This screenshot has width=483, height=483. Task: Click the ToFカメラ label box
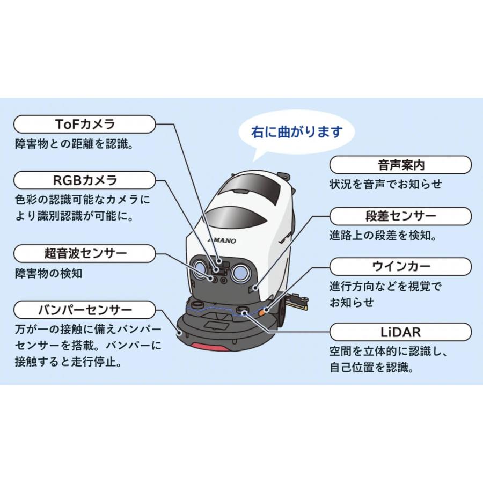click(85, 125)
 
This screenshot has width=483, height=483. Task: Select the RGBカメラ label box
click(85, 180)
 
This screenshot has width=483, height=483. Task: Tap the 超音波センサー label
click(85, 253)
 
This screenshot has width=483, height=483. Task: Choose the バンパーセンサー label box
click(85, 310)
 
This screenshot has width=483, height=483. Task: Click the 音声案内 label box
click(400, 165)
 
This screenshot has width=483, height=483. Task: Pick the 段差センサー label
click(400, 216)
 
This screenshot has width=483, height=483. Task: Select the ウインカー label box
click(400, 266)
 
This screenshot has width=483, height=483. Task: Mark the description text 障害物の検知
click(49, 273)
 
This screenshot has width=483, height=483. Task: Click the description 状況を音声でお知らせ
click(385, 184)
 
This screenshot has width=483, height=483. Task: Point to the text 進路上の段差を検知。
click(385, 236)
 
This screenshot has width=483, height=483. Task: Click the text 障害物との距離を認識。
click(74, 144)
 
